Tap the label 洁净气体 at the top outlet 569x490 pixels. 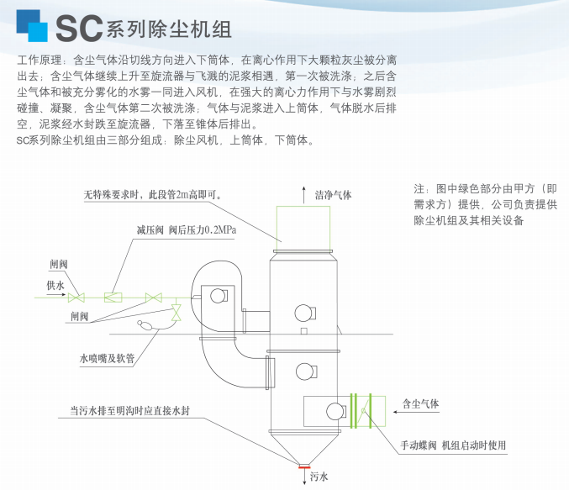[x=333, y=194]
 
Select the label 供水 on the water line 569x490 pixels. [x=55, y=286]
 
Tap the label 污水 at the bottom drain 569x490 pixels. [x=319, y=477]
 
